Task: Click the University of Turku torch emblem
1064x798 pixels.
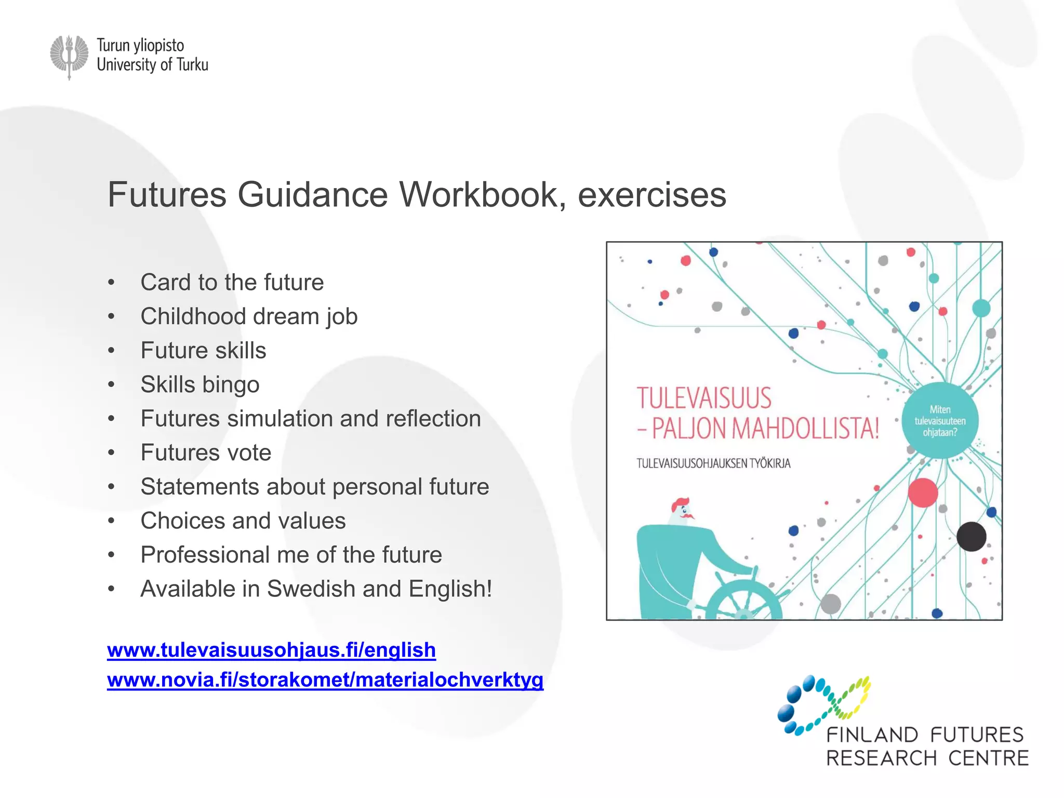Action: point(69,56)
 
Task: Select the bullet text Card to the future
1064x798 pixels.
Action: point(232,283)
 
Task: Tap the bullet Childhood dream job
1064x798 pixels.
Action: point(249,316)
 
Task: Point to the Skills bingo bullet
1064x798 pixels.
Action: point(199,384)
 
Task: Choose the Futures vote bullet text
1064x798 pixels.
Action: point(206,453)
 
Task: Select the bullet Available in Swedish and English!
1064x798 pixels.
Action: point(316,589)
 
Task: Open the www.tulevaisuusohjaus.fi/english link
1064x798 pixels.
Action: point(271,650)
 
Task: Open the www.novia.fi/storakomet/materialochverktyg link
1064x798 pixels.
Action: point(325,680)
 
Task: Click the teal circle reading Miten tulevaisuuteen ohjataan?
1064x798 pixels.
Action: point(940,421)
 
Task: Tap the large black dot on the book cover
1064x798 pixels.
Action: point(971,537)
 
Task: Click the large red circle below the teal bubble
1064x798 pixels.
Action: point(923,493)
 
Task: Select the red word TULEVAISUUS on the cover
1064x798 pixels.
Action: point(704,398)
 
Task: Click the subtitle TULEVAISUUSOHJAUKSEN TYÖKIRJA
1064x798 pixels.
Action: point(713,463)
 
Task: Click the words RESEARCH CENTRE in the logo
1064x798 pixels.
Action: point(927,758)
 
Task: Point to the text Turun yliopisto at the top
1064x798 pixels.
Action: point(140,46)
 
